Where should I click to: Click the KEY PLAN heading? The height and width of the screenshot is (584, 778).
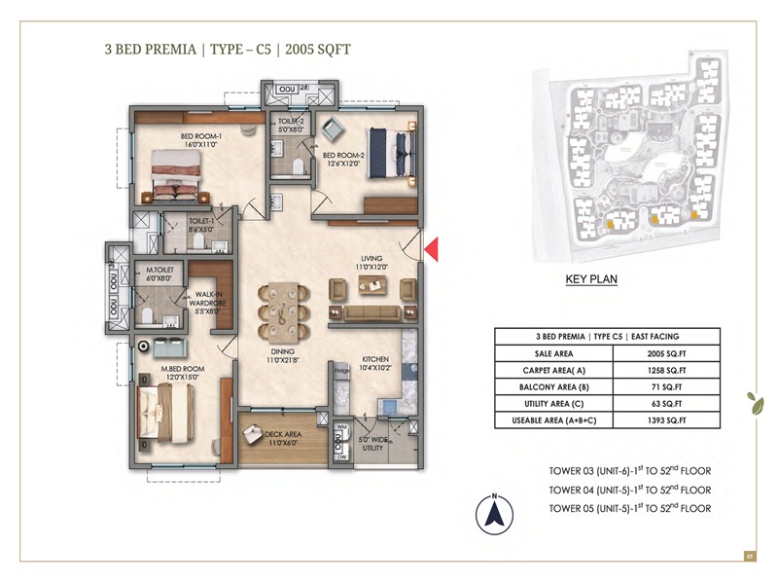591,278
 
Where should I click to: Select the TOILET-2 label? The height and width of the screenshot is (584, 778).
291,124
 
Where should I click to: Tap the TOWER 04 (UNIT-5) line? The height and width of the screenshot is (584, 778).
630,490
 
